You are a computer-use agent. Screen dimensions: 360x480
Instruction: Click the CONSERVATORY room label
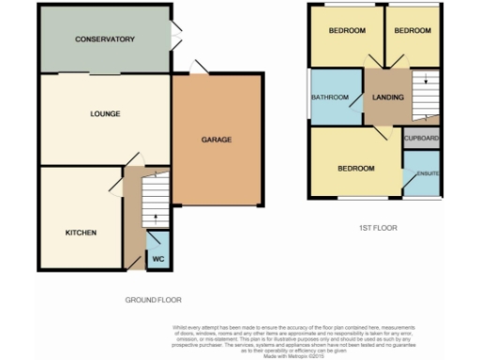click(x=106, y=39)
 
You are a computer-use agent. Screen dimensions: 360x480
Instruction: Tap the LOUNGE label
click(x=105, y=114)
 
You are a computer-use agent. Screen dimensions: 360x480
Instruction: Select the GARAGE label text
click(x=217, y=140)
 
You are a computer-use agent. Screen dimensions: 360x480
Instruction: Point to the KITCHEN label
click(x=80, y=232)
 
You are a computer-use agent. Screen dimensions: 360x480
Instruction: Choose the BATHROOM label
click(x=331, y=97)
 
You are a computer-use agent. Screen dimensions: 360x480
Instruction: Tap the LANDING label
click(x=387, y=97)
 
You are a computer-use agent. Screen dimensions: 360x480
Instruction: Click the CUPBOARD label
click(x=422, y=139)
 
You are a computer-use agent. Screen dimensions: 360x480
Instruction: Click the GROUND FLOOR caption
click(x=153, y=300)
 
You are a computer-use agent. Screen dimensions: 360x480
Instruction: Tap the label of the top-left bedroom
click(x=346, y=31)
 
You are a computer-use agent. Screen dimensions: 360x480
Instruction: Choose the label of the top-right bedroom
click(x=412, y=31)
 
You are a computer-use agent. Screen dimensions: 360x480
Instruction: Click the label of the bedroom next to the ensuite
click(x=356, y=169)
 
